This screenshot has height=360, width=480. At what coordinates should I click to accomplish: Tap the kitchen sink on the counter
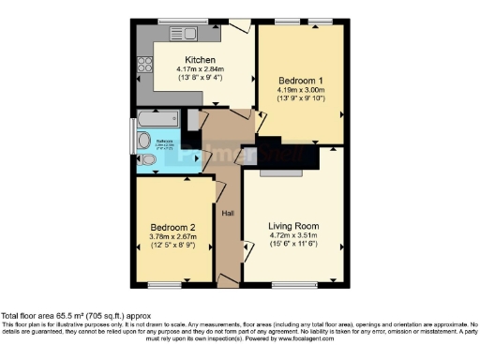click(x=183, y=34)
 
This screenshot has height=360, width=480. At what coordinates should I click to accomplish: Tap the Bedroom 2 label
click(x=172, y=228)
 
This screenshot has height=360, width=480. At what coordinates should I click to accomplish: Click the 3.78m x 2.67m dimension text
click(x=172, y=238)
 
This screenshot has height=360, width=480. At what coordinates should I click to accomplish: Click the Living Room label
click(x=293, y=226)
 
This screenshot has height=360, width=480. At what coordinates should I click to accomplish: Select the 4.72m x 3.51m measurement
click(x=293, y=236)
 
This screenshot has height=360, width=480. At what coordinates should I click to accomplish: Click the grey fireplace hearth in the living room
click(x=280, y=173)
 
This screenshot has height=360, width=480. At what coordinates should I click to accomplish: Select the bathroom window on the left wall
click(x=131, y=137)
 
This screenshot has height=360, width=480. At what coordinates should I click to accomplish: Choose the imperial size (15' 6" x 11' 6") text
click(x=293, y=246)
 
